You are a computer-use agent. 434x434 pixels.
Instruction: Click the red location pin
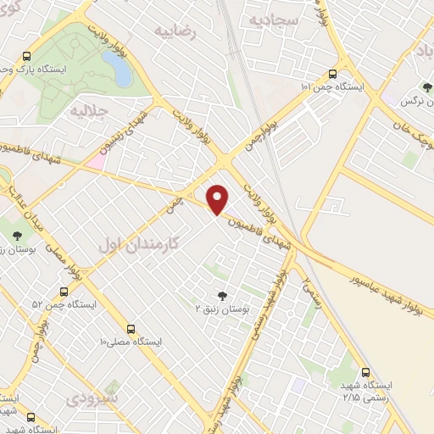pyautogui.click(x=218, y=199)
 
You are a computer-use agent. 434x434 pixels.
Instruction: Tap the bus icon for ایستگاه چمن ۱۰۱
pyautogui.click(x=331, y=73)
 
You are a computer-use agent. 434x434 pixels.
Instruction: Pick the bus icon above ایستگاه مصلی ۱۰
pyautogui.click(x=131, y=328)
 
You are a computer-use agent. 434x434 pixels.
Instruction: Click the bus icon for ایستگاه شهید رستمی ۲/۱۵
pyautogui.click(x=365, y=372)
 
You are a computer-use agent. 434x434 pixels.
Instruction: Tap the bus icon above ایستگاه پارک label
pyautogui.click(x=27, y=54)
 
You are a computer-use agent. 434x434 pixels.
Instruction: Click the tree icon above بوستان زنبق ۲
pyautogui.click(x=222, y=296)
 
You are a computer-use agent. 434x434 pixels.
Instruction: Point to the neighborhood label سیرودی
pyautogui.click(x=93, y=397)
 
